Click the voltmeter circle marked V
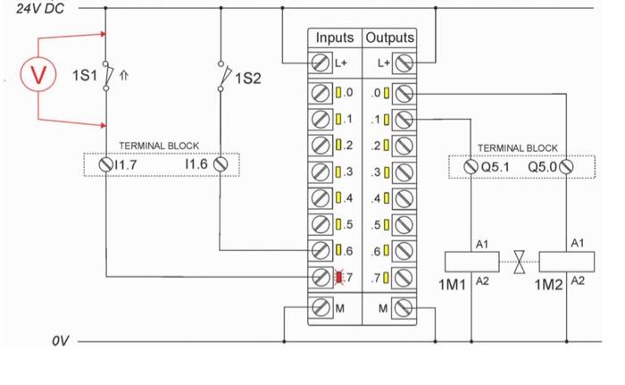38,74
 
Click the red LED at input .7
338,277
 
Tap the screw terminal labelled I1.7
105,164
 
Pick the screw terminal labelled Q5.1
471,165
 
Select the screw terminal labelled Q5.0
566,165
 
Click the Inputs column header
333,38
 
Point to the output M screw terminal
402,309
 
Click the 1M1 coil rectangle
470,263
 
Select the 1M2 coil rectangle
566,263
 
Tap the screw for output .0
402,93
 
